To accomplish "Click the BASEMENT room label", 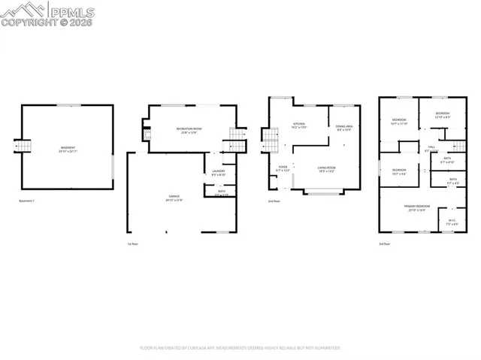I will click(x=68, y=148).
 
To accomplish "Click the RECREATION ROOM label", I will click(x=189, y=130).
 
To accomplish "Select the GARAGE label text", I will click(x=174, y=196).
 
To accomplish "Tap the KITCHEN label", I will click(x=299, y=124).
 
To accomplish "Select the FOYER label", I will click(x=283, y=168).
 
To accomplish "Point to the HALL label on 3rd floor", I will click(x=431, y=148).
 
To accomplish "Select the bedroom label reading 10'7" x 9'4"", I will click(x=399, y=171).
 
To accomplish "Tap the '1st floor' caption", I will click(x=133, y=244).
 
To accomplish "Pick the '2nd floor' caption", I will click(x=274, y=201).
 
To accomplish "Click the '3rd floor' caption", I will click(x=385, y=244).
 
